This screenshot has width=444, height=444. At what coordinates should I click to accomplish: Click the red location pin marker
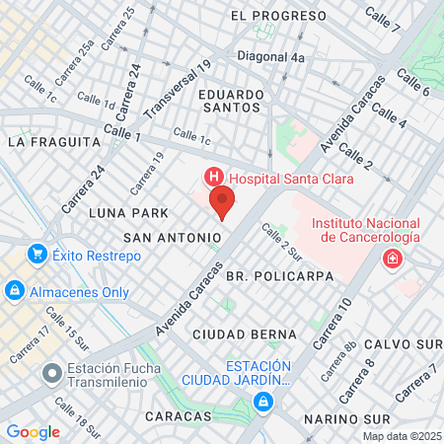[x=222, y=202]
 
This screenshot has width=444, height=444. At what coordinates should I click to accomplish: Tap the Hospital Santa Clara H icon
[x=211, y=178]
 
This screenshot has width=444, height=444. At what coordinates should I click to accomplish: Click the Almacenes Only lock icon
[x=15, y=291]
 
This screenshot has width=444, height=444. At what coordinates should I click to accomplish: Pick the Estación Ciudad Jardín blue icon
[x=262, y=402]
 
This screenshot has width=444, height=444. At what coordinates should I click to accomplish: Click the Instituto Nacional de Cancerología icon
[x=394, y=259]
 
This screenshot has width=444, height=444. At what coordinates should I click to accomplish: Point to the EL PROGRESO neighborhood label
[x=278, y=16]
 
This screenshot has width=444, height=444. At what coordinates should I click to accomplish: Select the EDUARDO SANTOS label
[x=232, y=101]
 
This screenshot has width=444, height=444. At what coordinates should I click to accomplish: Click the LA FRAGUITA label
[x=54, y=141]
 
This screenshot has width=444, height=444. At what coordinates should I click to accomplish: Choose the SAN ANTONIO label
[x=172, y=238]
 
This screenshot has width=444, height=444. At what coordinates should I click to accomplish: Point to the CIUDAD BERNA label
[x=239, y=334]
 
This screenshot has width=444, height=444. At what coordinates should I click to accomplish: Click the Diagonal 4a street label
[x=270, y=57]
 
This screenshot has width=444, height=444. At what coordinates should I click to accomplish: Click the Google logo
[x=33, y=431]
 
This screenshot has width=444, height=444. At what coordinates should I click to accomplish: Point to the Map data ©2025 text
[x=402, y=436]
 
